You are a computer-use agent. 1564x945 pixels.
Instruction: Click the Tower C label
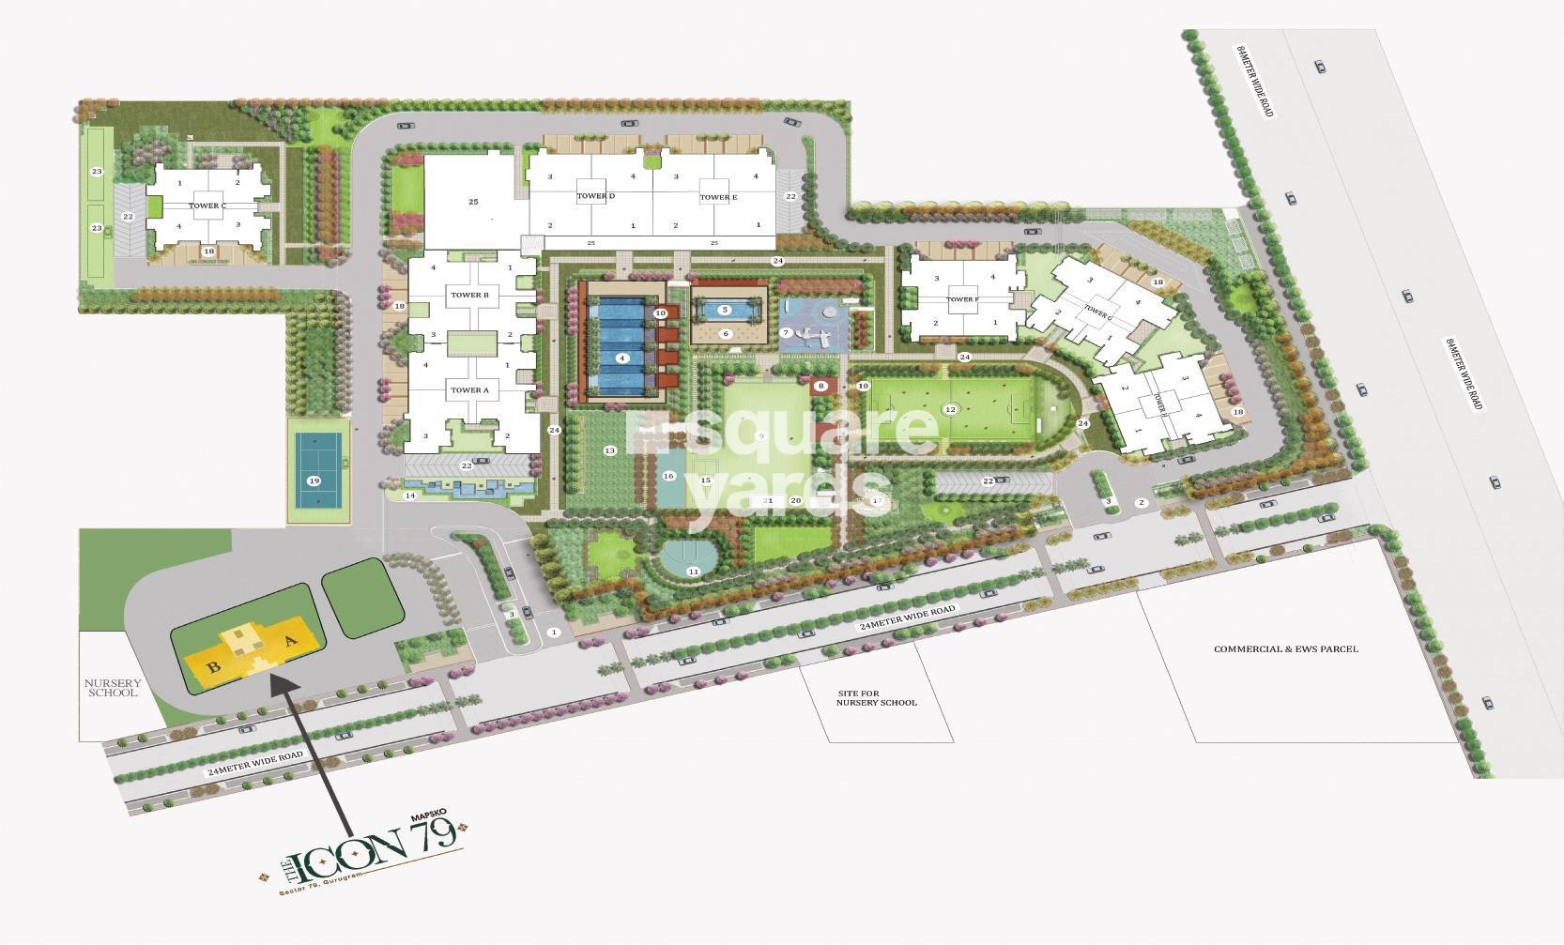[207, 206]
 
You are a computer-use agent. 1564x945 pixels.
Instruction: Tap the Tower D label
[595, 196]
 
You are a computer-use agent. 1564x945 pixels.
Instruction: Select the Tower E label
[717, 197]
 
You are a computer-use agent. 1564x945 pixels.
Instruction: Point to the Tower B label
[469, 295]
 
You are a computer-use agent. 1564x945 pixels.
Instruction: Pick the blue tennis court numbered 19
[314, 480]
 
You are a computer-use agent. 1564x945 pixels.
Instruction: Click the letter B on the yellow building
[214, 667]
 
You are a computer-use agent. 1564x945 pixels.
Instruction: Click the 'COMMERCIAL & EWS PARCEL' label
[1285, 648]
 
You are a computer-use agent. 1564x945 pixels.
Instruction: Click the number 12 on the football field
[950, 409]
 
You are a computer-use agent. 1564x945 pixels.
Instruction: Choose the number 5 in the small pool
[725, 310]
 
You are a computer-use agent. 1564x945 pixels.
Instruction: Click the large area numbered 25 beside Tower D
[473, 201]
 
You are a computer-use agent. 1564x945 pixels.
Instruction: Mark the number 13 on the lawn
[609, 451]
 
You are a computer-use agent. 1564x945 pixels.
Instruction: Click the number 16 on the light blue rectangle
[668, 476]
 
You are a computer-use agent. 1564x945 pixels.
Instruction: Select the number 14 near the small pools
[409, 495]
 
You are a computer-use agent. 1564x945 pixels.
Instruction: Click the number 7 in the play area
[786, 332]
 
